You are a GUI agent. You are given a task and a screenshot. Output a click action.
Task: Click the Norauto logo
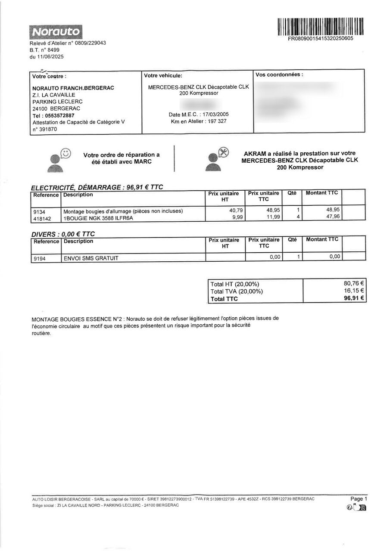coord(56,31)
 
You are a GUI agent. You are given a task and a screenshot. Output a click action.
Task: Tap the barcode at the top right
coord(321,26)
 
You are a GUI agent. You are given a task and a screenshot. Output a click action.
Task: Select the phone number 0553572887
coord(59,115)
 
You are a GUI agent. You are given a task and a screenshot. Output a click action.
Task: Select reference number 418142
coord(42,218)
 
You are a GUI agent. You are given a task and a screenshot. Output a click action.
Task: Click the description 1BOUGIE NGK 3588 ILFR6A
coord(99,218)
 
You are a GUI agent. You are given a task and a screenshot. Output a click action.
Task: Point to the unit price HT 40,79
coord(236,210)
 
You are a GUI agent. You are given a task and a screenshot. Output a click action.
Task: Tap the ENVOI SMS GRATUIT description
coord(91,258)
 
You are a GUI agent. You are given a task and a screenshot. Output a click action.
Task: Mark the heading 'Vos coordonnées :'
coord(279,75)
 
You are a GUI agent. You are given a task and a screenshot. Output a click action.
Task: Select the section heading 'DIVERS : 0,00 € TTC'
coord(63,234)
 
